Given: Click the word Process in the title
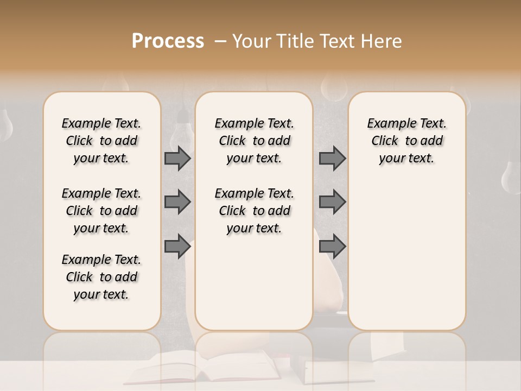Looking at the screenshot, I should click(x=168, y=41).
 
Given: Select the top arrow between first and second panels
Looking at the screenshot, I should click(x=177, y=159).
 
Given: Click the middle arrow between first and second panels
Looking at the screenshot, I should click(x=177, y=202).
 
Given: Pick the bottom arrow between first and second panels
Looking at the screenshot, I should click(x=177, y=246).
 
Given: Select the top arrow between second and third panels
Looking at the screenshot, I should click(x=332, y=159).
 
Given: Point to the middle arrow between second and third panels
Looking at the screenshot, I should click(x=332, y=202).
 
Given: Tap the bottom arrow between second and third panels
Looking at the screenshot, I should click(x=332, y=246).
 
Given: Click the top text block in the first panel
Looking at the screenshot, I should click(x=101, y=141).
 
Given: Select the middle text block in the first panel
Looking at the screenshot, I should click(x=101, y=211).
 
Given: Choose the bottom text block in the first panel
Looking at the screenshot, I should click(x=101, y=277).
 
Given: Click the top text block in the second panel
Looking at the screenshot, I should click(x=255, y=141).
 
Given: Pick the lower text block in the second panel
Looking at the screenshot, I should click(x=255, y=211).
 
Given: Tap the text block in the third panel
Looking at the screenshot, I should click(x=407, y=141).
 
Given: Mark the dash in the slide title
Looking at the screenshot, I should click(x=220, y=42).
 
